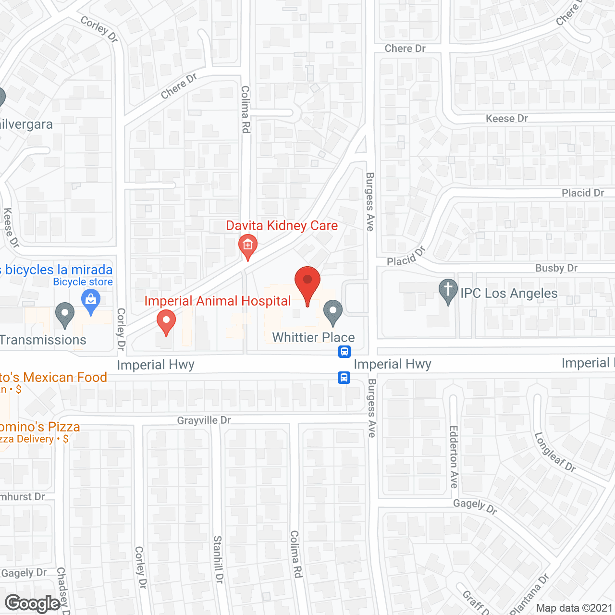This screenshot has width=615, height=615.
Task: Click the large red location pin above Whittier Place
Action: [307, 281]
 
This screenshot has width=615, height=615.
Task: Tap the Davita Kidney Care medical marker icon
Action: [247, 246]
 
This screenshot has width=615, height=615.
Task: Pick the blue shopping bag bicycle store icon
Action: [91, 301]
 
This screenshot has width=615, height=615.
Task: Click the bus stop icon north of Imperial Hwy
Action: [344, 352]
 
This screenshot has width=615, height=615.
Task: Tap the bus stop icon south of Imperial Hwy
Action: [344, 378]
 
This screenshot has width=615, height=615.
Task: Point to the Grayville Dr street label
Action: [204, 420]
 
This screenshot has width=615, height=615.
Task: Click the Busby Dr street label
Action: [556, 268]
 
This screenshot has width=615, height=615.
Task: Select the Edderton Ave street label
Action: [454, 456]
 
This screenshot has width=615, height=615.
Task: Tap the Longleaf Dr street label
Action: [555, 452]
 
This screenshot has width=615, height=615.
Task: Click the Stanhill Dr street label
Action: [218, 559]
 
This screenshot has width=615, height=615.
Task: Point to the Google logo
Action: [33, 603]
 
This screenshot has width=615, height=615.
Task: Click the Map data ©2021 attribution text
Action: [574, 608]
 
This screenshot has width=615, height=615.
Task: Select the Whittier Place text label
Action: [313, 337]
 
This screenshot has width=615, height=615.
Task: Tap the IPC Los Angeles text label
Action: [509, 293]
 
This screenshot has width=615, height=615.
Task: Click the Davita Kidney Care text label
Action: [282, 225]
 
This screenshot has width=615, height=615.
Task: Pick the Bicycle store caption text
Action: [83, 282]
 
